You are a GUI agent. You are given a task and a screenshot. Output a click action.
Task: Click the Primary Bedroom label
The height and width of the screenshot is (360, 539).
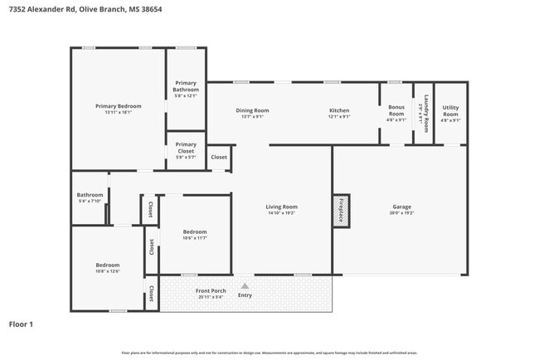pyautogui.click(x=118, y=106)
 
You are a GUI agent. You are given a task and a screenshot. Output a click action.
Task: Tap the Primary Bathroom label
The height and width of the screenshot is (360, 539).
pyautogui.click(x=186, y=86)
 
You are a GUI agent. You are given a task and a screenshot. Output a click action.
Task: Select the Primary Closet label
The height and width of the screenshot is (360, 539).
pyautogui.click(x=186, y=148)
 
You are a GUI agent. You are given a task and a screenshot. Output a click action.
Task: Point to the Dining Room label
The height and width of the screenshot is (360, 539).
pyautogui.click(x=253, y=110)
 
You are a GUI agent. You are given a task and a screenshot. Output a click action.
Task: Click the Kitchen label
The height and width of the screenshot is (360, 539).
pyautogui.click(x=339, y=110)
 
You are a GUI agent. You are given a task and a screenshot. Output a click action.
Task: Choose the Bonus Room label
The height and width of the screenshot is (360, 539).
pyautogui.click(x=396, y=110)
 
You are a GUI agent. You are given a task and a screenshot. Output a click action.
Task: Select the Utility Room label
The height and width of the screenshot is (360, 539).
pyautogui.click(x=450, y=108)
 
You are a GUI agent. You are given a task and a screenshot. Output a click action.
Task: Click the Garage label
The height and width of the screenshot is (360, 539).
pyautogui.click(x=402, y=207)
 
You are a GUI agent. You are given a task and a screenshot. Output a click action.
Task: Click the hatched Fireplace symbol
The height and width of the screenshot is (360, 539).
pyautogui.click(x=341, y=211)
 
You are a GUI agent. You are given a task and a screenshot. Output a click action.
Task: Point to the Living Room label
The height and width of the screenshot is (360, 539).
pyautogui.click(x=281, y=207)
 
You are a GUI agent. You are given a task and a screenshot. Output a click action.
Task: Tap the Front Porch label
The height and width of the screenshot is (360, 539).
pyautogui.click(x=211, y=291)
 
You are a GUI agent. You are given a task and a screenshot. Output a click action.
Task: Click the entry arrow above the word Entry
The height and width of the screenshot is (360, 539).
pyautogui.click(x=245, y=285)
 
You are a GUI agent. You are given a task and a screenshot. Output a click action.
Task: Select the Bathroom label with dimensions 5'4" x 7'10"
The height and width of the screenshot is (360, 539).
pyautogui.click(x=89, y=195)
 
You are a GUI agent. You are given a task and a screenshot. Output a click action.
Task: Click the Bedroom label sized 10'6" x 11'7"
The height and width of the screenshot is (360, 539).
pyautogui.click(x=195, y=231)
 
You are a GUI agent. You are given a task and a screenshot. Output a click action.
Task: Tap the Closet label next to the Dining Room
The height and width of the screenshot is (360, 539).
pyautogui.click(x=219, y=158)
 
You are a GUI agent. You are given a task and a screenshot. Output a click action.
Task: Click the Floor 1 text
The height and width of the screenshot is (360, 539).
pyautogui.click(x=21, y=324)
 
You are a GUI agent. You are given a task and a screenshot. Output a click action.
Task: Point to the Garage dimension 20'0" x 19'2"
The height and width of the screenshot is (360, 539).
pyautogui.click(x=402, y=213)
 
